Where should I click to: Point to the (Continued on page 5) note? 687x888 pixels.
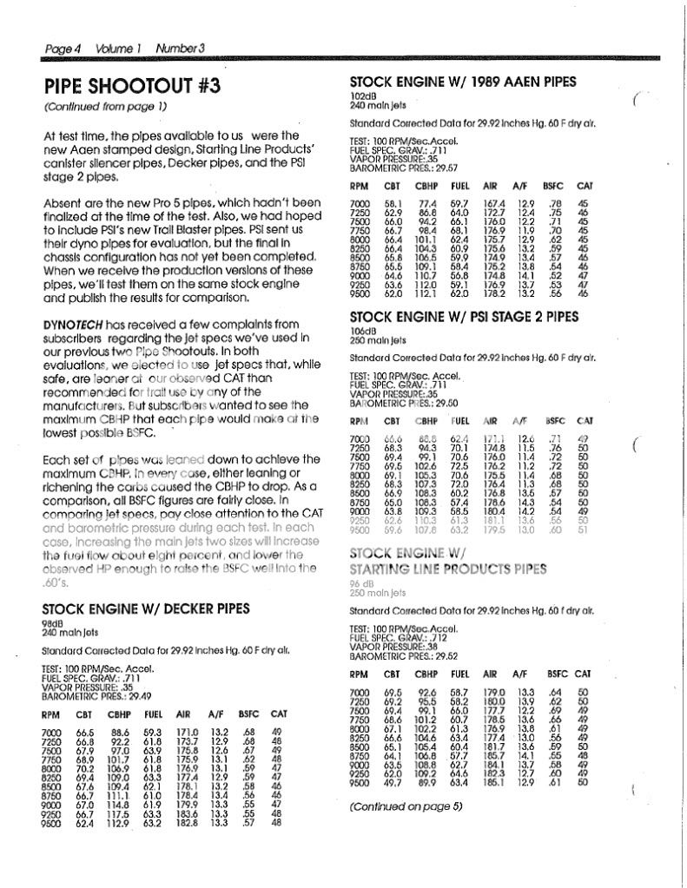click(406, 806)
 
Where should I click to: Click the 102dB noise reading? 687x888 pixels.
click(362, 95)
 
